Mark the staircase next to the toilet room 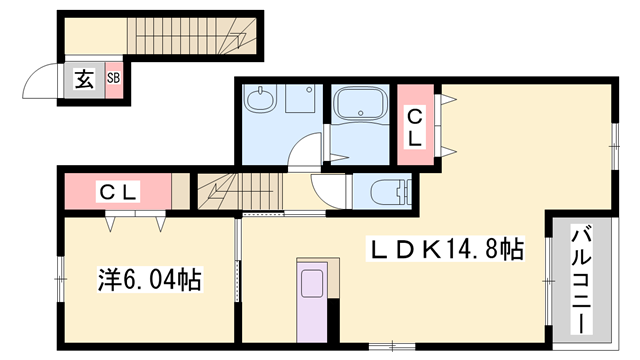click(x=236, y=189)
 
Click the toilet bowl click(x=384, y=190)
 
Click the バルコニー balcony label click(x=580, y=275)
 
